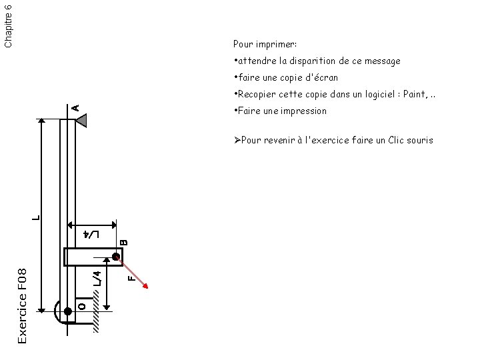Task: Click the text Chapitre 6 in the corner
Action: [x=8, y=24]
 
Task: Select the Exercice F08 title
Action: [x=22, y=306]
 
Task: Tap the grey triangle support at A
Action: [x=82, y=120]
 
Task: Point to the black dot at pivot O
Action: [x=67, y=311]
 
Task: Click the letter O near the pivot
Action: [x=81, y=306]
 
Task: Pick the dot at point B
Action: [x=116, y=257]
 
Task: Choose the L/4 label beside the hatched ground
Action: [x=97, y=279]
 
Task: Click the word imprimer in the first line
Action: [x=280, y=45]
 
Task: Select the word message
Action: [x=382, y=61]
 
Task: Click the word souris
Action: [x=418, y=140]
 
